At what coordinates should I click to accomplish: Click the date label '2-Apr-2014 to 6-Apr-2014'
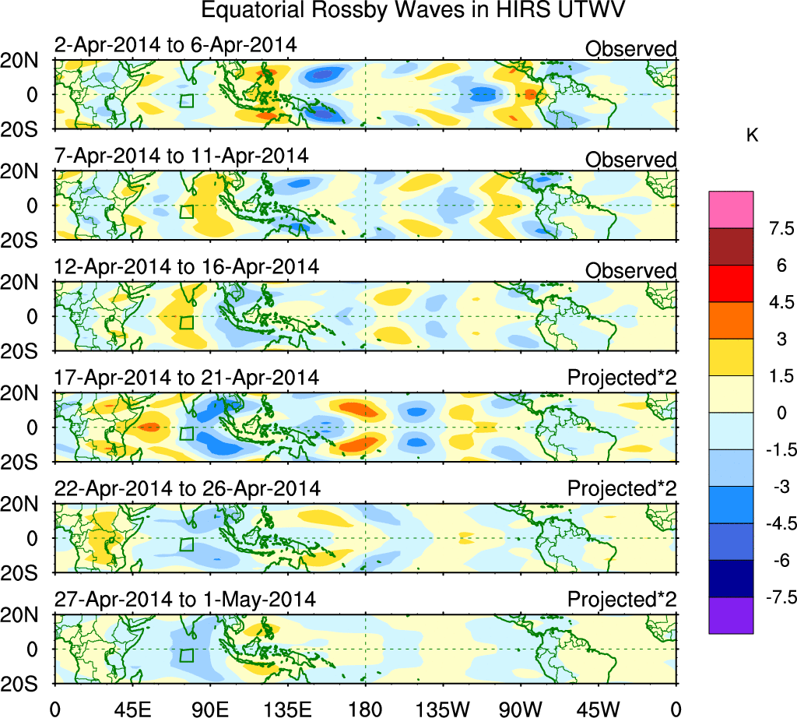click(175, 45)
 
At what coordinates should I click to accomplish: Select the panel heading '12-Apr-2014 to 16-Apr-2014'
click(186, 266)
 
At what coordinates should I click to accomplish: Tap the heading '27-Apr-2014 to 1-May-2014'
click(184, 600)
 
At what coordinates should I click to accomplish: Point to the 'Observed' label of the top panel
click(630, 49)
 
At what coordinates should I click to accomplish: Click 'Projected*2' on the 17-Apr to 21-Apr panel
click(622, 378)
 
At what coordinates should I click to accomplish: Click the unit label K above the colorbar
click(752, 136)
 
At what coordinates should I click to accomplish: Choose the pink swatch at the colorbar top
click(731, 209)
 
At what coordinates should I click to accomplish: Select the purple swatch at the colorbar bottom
click(731, 615)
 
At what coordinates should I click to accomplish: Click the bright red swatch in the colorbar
click(731, 283)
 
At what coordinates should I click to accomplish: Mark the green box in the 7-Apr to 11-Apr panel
click(186, 211)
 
